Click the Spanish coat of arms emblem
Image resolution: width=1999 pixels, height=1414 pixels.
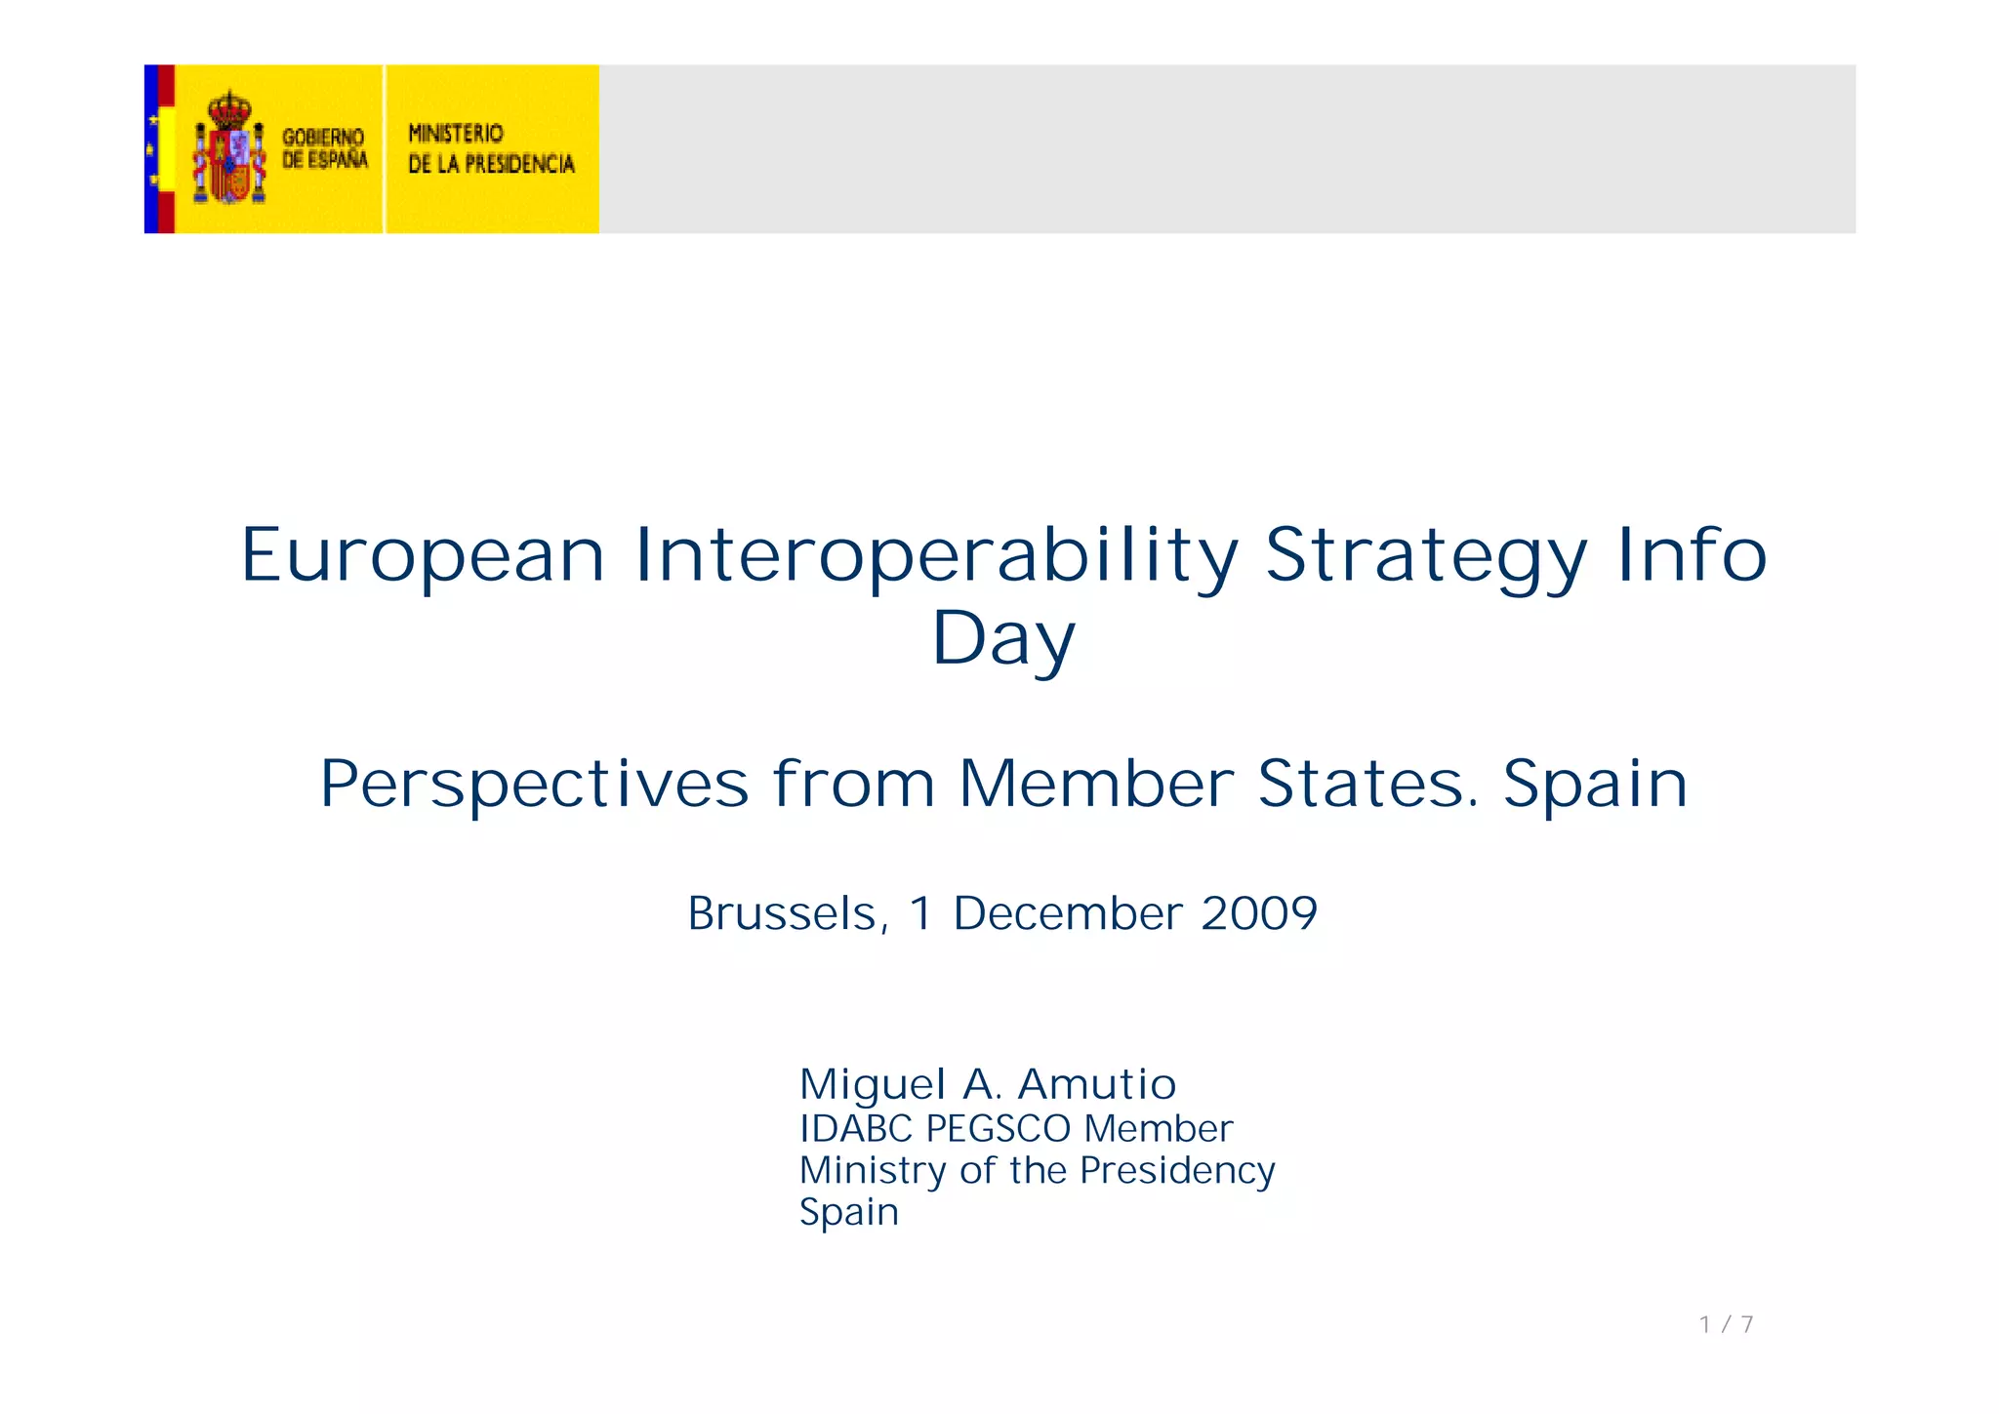point(229,148)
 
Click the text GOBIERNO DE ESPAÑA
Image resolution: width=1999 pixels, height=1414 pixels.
point(324,148)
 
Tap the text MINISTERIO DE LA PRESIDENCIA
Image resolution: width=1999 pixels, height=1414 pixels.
point(491,148)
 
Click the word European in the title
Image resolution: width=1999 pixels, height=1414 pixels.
point(423,555)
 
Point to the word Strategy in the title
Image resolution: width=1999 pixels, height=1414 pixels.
point(1426,555)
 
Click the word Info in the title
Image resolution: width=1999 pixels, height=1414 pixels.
point(1692,555)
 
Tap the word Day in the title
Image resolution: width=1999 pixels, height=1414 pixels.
point(1003,639)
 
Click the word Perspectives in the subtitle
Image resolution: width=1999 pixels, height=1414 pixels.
point(534,784)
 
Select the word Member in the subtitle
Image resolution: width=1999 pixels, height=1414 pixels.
point(1096,784)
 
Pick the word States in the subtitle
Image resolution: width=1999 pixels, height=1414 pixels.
point(1367,784)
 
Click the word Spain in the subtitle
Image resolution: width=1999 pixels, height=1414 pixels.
point(1595,784)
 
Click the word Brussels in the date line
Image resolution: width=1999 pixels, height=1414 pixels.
point(787,914)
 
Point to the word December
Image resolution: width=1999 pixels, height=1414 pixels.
point(1068,914)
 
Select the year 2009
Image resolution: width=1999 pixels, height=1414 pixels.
point(1259,914)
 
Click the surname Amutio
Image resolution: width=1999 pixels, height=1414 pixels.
point(1096,1084)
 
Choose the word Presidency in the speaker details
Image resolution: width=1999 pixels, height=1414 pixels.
point(1177,1171)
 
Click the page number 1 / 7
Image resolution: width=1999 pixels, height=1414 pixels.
point(1726,1324)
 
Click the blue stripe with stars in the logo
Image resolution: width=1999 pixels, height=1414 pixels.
point(151,148)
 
